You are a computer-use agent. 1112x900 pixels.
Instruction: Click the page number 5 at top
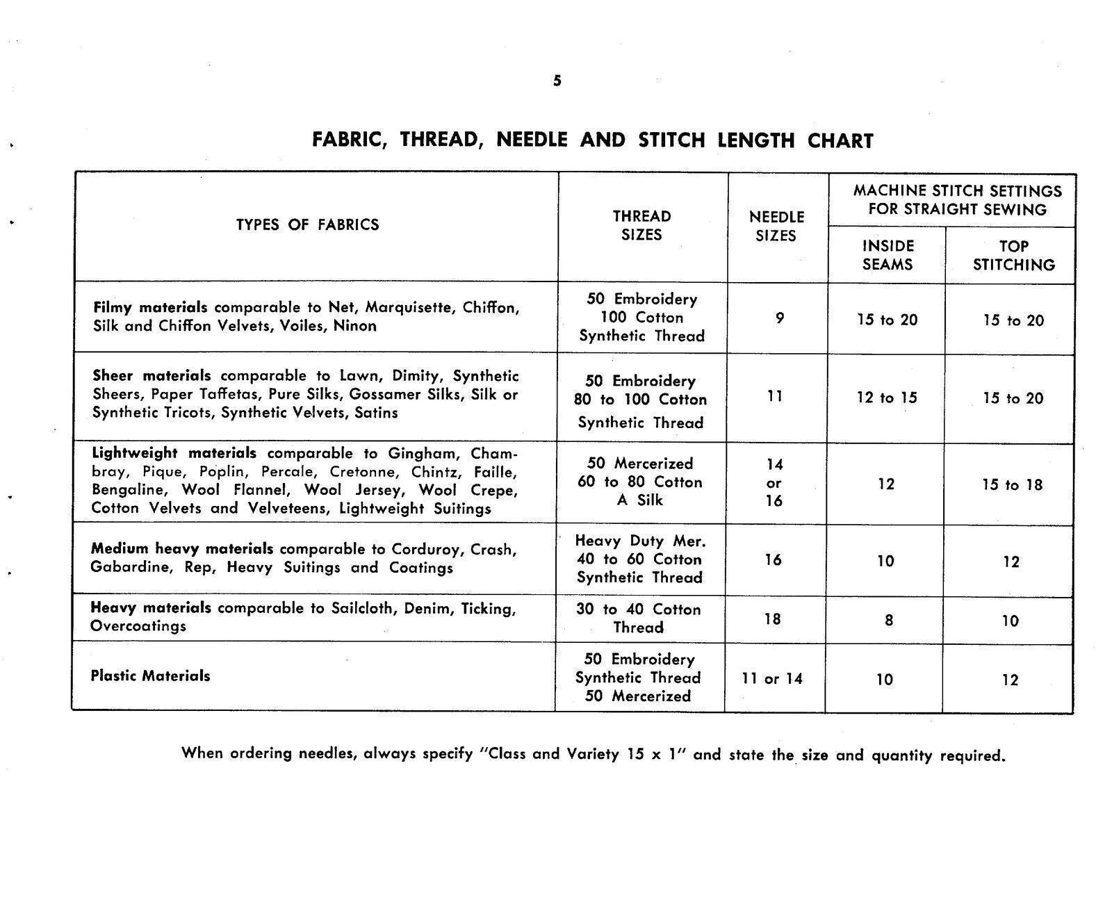tap(557, 81)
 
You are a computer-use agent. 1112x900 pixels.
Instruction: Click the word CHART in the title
tap(840, 141)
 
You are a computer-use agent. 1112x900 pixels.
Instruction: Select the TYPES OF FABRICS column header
tap(307, 224)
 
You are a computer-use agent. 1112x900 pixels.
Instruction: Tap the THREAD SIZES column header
tap(641, 225)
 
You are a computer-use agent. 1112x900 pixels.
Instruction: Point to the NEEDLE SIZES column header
tap(776, 226)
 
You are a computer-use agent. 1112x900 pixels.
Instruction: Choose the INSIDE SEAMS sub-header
tap(888, 255)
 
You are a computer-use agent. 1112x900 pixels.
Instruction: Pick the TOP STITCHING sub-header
tap(1013, 255)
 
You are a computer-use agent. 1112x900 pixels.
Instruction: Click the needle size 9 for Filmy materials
tap(780, 318)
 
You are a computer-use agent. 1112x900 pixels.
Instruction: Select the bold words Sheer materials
tap(152, 376)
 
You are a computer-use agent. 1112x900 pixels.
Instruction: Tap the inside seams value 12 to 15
tap(886, 398)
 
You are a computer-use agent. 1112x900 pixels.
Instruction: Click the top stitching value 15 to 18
tap(1012, 484)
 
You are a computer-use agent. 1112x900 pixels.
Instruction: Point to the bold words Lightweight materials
tap(174, 453)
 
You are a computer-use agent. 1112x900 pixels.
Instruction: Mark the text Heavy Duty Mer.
tap(639, 541)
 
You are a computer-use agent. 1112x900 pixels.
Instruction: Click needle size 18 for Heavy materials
tap(773, 619)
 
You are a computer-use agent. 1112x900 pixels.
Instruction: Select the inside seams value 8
tap(888, 620)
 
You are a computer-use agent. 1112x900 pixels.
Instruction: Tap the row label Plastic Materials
tap(150, 676)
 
